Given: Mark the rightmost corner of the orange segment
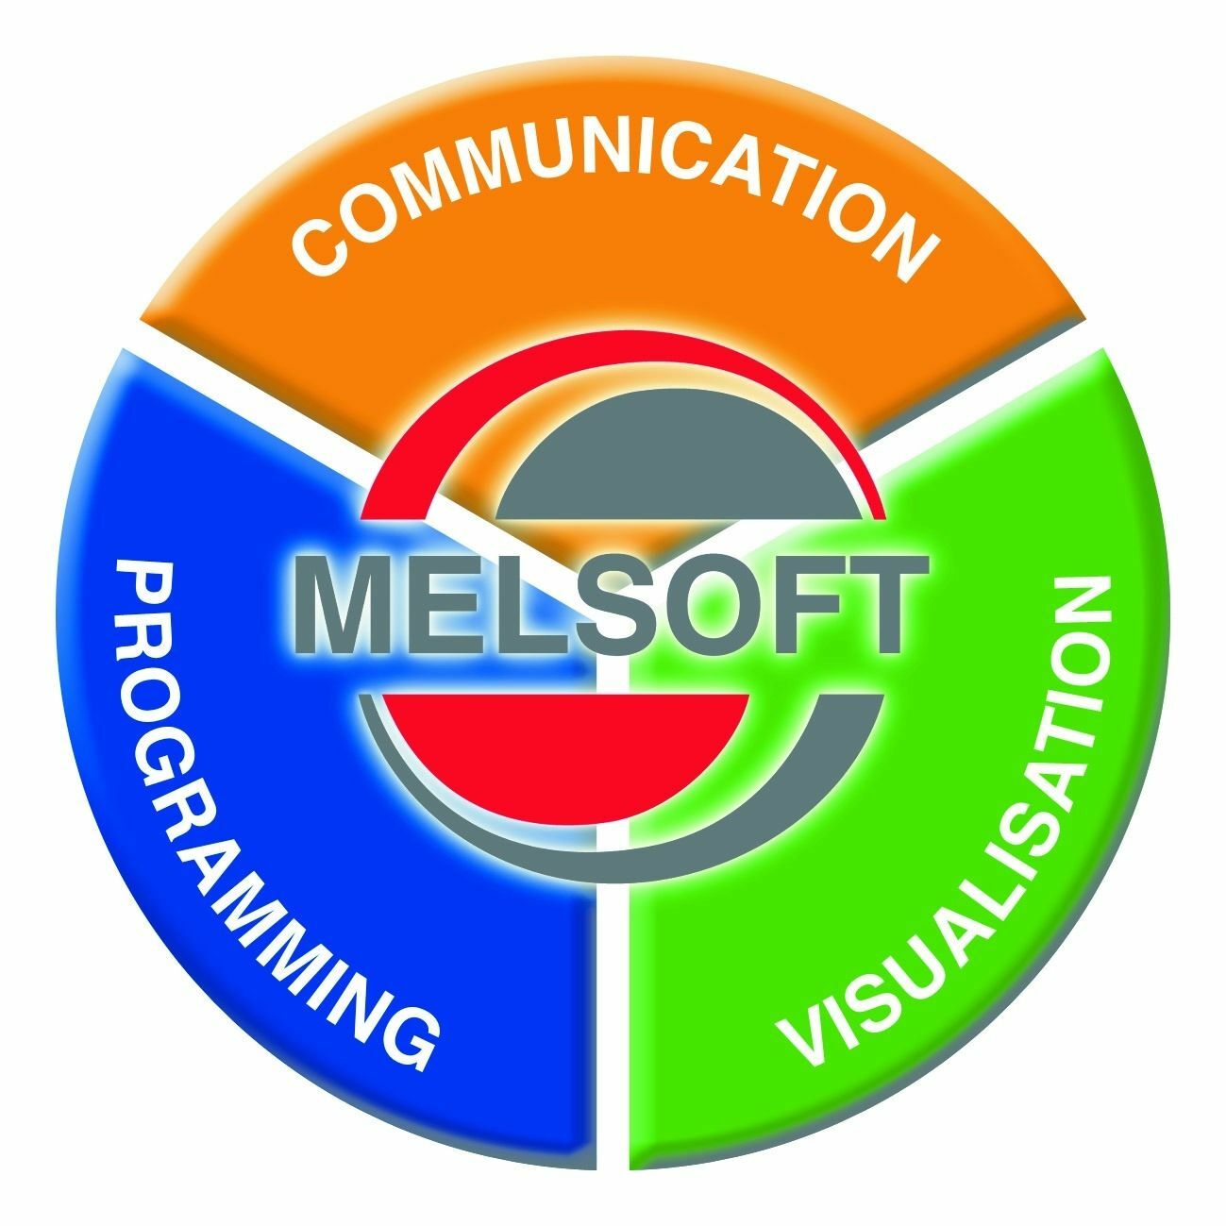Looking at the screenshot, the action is click(x=1083, y=315).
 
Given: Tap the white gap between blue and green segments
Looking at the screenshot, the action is click(x=613, y=954).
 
